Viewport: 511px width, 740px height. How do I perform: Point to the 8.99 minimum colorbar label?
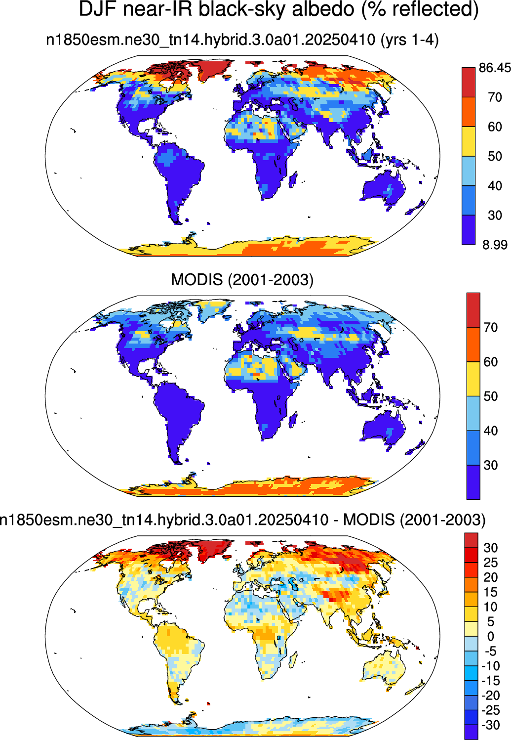pyautogui.click(x=495, y=245)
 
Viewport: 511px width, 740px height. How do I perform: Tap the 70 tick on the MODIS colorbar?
pyautogui.click(x=491, y=327)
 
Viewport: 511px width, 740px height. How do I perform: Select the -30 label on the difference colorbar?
pyautogui.click(x=491, y=725)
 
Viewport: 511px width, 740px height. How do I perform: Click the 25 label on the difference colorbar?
pyautogui.click(x=491, y=563)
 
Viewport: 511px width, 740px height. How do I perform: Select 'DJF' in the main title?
pyautogui.click(x=99, y=9)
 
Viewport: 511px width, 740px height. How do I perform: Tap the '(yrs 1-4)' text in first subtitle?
pyautogui.click(x=409, y=40)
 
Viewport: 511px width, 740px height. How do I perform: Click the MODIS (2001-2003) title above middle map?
pyautogui.click(x=242, y=280)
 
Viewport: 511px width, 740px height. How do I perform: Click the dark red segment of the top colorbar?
pyautogui.click(x=469, y=82)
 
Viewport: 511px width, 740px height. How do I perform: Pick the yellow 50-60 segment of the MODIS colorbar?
pyautogui.click(x=473, y=379)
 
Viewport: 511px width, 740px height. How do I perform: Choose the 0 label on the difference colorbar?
pyautogui.click(x=491, y=636)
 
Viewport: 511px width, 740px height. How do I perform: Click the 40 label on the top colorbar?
pyautogui.click(x=495, y=186)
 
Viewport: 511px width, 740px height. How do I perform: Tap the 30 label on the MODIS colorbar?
pyautogui.click(x=491, y=465)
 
